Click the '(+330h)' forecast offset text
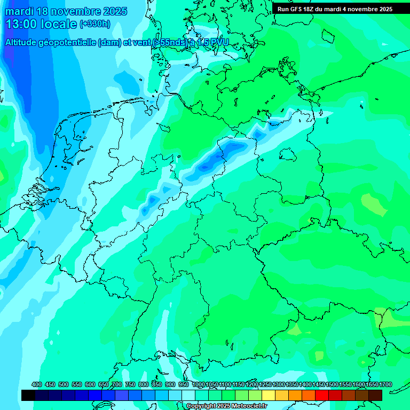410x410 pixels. tap(95, 24)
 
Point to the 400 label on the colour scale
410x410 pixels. tap(37, 384)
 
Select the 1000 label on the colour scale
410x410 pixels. tap(199, 384)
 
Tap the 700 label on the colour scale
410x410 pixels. tap(117, 384)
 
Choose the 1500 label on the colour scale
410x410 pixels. tap(332, 384)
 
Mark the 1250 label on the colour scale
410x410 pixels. tap(265, 384)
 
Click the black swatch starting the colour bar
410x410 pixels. tap(28, 395)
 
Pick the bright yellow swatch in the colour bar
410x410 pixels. tap(269, 395)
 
